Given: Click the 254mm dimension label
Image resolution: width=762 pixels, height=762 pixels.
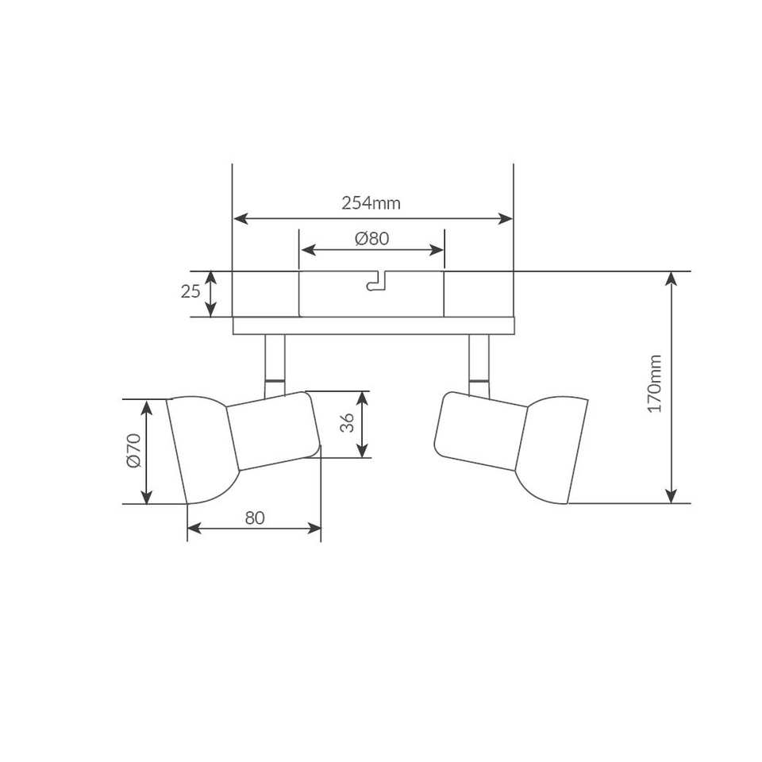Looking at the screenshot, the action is (x=371, y=202).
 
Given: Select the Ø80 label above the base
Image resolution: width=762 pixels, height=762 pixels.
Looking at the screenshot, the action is (x=371, y=239).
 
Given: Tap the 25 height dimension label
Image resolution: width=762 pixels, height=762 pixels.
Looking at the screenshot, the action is (x=190, y=291).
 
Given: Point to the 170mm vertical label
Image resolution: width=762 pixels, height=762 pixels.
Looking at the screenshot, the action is (x=655, y=384).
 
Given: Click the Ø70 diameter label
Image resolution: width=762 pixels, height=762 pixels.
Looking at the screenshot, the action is (x=133, y=451).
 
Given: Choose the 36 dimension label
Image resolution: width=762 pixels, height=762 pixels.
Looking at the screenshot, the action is (x=347, y=423).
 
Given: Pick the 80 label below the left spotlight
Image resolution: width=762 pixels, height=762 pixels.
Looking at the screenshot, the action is (x=255, y=518).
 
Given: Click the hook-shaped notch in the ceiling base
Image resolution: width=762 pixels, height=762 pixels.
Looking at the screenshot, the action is (x=376, y=281).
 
